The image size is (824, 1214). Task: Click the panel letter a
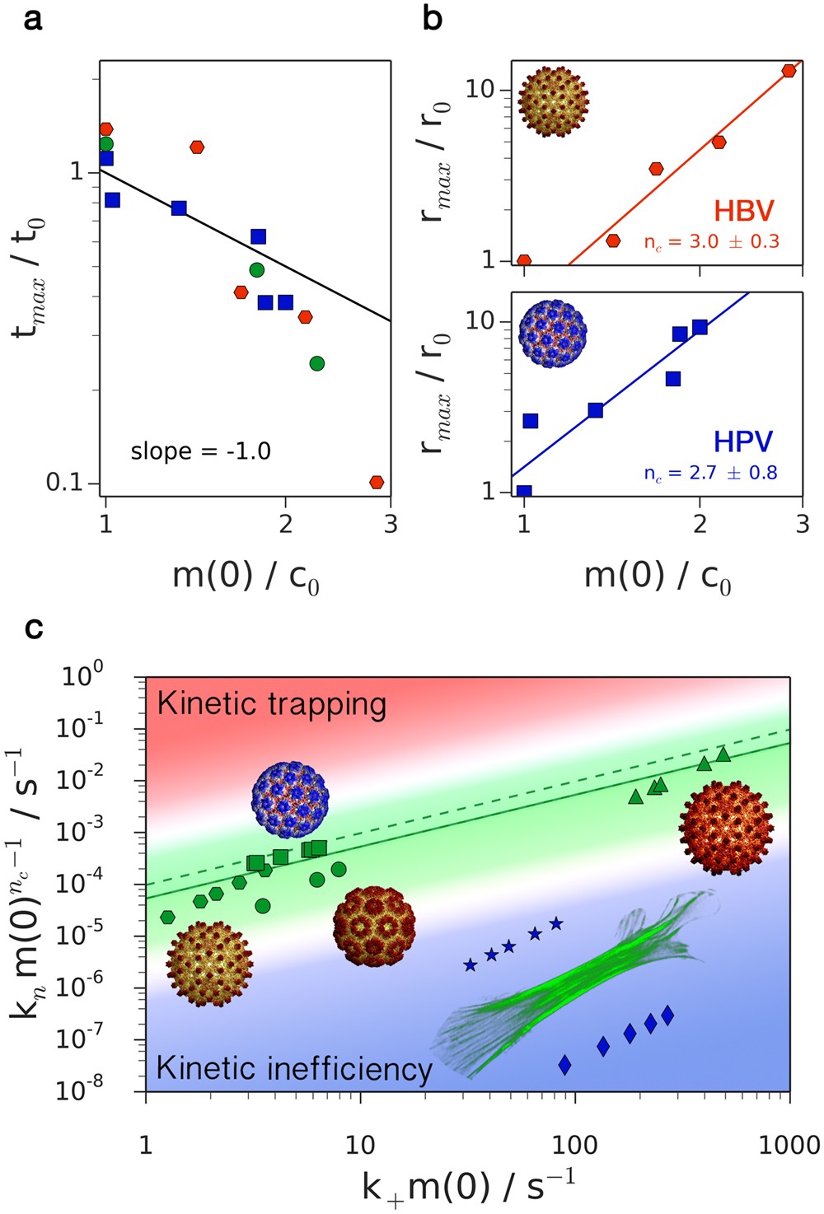click(x=33, y=17)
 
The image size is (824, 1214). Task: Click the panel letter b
click(x=432, y=17)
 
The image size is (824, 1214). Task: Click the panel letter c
click(x=34, y=628)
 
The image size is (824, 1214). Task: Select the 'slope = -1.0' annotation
click(x=200, y=451)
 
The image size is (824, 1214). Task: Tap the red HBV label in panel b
click(x=744, y=211)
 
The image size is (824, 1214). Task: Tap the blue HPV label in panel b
click(x=743, y=442)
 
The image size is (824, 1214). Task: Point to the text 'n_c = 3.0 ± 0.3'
click(x=711, y=242)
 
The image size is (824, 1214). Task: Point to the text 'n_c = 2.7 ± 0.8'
click(x=710, y=474)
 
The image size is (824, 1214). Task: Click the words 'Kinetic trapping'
click(x=271, y=704)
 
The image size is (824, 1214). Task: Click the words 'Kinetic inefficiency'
click(x=294, y=1068)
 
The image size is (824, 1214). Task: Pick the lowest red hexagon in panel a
click(x=377, y=482)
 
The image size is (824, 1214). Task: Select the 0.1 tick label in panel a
click(x=67, y=483)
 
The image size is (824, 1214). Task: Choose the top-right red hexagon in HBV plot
click(x=789, y=71)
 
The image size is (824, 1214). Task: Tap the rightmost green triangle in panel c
click(x=723, y=754)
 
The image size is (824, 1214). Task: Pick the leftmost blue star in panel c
click(x=470, y=964)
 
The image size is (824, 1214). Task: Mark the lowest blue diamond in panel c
click(x=564, y=1065)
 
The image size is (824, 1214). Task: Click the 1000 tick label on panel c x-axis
click(x=789, y=1145)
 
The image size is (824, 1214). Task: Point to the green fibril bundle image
click(x=577, y=980)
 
